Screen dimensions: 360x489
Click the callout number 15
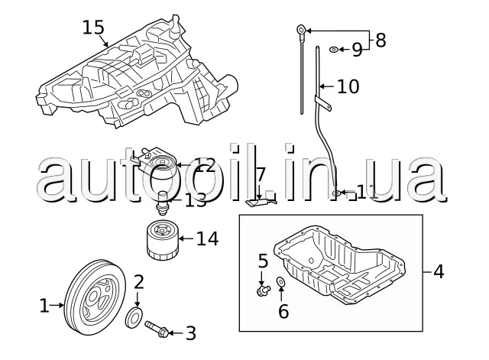(x=92, y=28)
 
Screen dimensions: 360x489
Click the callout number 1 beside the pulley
(x=44, y=306)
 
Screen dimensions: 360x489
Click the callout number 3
(x=191, y=333)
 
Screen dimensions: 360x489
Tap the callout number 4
(x=439, y=271)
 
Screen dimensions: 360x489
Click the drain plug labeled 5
(x=264, y=290)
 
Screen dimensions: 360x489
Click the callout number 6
(x=283, y=311)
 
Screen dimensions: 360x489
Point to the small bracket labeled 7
(x=260, y=202)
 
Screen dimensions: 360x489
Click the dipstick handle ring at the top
(x=302, y=31)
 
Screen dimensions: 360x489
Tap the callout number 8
(x=381, y=40)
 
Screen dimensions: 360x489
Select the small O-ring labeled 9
(x=335, y=50)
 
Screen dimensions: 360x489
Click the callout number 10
(x=348, y=87)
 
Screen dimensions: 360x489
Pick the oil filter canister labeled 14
(x=161, y=240)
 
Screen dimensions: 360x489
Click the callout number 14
(x=206, y=239)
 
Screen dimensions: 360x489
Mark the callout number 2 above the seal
(x=138, y=282)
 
